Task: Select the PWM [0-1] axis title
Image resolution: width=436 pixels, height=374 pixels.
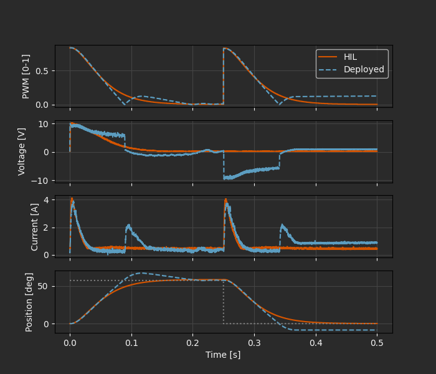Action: [26, 75]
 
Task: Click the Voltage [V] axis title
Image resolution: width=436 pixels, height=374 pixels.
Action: [22, 151]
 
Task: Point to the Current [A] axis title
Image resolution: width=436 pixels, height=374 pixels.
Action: [35, 227]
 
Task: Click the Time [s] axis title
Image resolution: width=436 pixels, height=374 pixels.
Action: [223, 355]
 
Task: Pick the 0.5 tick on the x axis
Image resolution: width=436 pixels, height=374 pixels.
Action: [377, 342]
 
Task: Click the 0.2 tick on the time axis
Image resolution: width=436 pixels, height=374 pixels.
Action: [192, 342]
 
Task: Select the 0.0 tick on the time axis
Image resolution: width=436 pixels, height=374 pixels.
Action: [70, 342]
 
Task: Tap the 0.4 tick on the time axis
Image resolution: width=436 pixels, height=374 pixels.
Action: [315, 342]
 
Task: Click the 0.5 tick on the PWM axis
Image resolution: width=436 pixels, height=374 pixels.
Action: [42, 70]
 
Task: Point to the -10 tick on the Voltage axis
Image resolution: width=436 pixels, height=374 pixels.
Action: [41, 181]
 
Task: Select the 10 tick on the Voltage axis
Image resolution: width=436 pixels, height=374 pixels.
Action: [44, 123]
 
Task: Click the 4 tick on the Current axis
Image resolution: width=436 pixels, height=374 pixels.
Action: [47, 200]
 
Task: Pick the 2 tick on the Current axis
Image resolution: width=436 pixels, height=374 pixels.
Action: [47, 228]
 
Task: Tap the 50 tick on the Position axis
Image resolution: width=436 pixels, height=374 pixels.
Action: [44, 286]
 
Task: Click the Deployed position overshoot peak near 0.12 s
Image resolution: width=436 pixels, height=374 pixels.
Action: [142, 272]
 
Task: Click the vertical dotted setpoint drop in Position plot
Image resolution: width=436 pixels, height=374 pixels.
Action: [224, 302]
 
